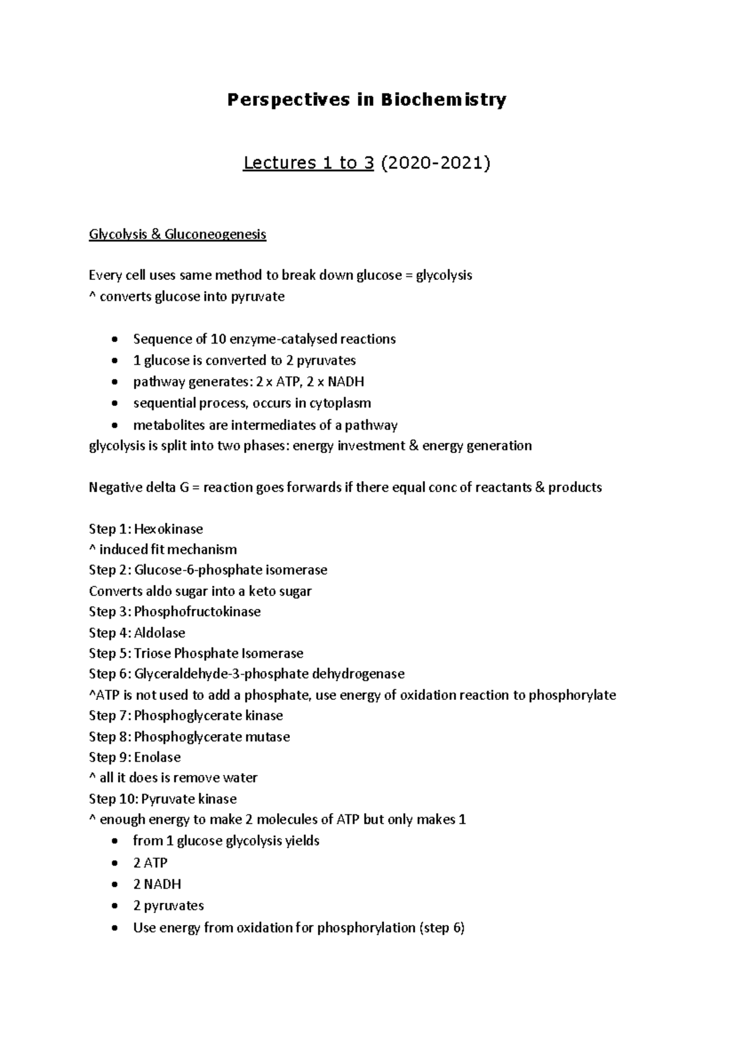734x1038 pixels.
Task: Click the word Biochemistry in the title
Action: pos(444,100)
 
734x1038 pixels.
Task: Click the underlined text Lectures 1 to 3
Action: pos(308,163)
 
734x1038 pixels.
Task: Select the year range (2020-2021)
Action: pos(435,163)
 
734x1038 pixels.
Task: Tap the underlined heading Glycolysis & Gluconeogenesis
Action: pos(177,234)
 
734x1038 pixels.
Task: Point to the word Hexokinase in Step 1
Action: pos(168,529)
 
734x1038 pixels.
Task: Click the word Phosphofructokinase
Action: pos(197,612)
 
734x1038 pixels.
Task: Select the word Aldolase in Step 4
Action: pos(159,633)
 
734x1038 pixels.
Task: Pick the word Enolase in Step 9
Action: pos(157,757)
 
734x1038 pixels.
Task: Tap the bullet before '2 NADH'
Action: pos(116,885)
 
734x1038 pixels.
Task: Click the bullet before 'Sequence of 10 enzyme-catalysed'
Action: pos(116,340)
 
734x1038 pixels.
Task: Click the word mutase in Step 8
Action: pos(267,737)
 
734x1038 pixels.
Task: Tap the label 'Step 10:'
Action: pos(113,799)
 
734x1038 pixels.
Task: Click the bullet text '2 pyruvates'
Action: pos(168,906)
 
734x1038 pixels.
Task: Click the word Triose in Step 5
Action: pos(152,653)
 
